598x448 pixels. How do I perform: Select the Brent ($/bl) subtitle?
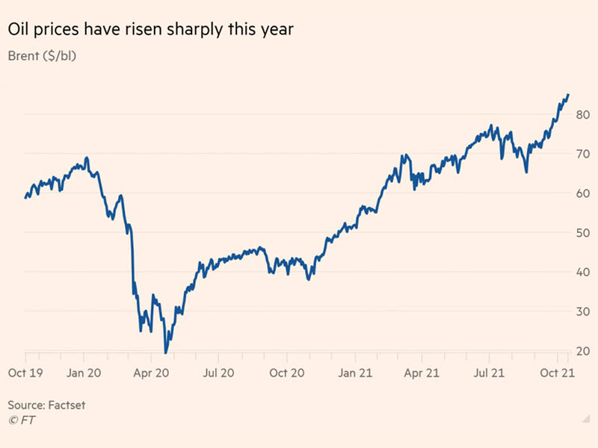coord(43,56)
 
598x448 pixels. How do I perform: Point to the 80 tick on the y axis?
coord(583,114)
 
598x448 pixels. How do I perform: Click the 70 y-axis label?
coord(583,154)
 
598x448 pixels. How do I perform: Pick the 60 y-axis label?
coord(583,193)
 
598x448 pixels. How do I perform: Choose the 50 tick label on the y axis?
coord(583,233)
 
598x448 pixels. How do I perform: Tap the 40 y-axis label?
coord(583,272)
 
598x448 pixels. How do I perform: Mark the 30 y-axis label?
coord(583,311)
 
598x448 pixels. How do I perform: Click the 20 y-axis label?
coord(583,351)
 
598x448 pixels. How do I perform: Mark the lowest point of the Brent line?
coord(165,352)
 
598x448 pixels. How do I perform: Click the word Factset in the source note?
coord(67,405)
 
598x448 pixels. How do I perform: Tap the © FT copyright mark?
coord(21,420)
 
